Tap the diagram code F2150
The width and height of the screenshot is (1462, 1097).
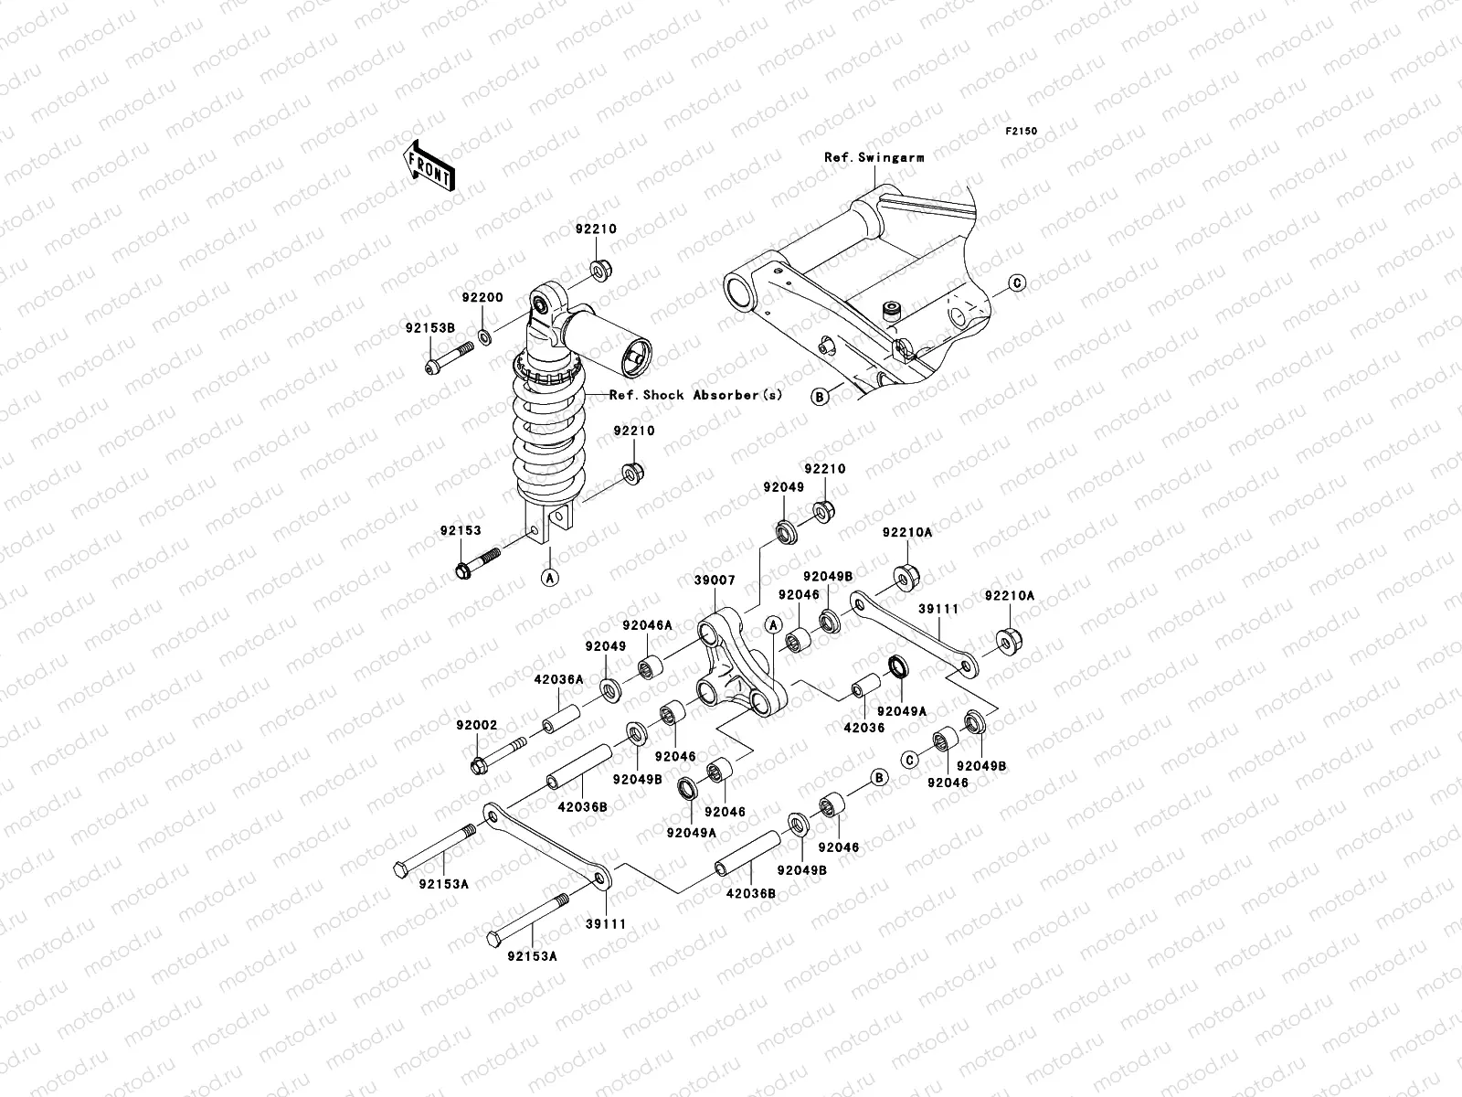click(1022, 132)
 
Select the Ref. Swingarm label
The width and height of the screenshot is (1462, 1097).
click(874, 157)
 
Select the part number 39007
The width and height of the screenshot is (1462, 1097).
click(715, 580)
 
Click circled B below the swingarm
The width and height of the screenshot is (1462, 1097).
click(820, 396)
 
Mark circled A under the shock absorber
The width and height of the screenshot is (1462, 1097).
click(550, 577)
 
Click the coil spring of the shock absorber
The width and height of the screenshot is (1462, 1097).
click(546, 430)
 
